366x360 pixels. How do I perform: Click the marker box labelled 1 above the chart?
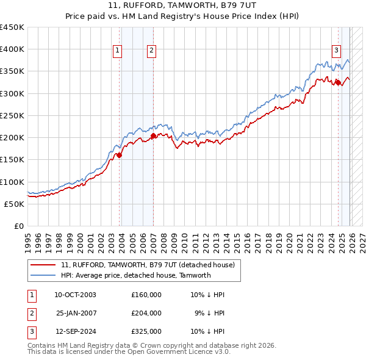(117, 51)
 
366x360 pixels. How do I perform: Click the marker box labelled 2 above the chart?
(151, 51)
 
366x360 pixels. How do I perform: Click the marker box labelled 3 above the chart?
(335, 51)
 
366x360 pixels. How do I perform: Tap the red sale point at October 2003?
(120, 155)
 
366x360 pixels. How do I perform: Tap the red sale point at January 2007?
(153, 135)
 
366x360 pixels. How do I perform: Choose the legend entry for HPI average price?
(135, 275)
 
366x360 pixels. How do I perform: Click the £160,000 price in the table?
(146, 295)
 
